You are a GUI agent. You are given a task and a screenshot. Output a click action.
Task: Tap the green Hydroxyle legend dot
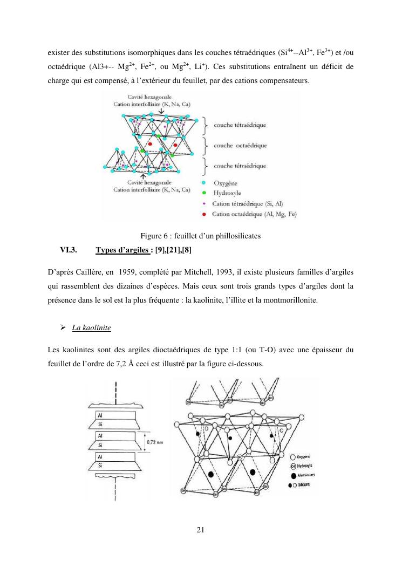tap(202, 193)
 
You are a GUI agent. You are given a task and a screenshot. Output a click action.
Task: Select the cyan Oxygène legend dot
tap(202, 182)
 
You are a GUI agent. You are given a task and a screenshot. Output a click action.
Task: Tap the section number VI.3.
tap(69, 250)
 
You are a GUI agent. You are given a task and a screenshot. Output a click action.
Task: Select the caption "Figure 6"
tap(155, 236)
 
